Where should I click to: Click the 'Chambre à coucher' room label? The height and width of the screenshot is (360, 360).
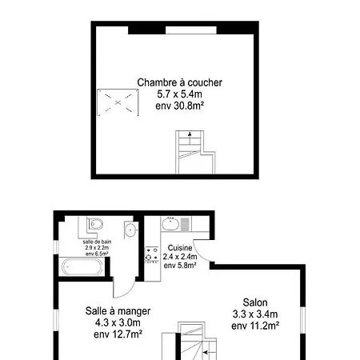(x=179, y=82)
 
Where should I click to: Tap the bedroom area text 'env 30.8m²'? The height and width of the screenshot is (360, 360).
(x=179, y=106)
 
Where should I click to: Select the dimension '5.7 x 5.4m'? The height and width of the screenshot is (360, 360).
(x=179, y=94)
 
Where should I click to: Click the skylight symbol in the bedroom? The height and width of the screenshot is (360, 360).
(x=118, y=102)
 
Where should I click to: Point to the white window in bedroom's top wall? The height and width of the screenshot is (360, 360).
(x=191, y=30)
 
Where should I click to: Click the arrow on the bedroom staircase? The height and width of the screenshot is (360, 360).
(x=190, y=138)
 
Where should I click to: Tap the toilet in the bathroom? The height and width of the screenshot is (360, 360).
(x=94, y=224)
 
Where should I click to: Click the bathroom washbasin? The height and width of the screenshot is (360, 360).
(x=130, y=230)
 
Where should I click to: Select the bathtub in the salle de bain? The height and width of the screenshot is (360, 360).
(x=82, y=266)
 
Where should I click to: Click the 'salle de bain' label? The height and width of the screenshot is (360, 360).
(x=97, y=242)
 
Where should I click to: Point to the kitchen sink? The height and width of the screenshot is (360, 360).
(x=170, y=224)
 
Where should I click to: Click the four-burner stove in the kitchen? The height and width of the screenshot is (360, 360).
(x=152, y=255)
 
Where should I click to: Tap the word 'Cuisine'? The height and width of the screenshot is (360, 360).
(x=180, y=248)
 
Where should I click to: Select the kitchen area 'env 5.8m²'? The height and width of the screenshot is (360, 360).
(x=180, y=266)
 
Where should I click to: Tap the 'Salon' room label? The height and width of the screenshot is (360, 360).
(x=255, y=302)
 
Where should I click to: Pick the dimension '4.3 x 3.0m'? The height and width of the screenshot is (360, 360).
(x=118, y=322)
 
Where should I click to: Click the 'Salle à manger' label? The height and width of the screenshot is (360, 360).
(x=118, y=311)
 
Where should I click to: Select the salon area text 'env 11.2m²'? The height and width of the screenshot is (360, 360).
(x=255, y=326)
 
